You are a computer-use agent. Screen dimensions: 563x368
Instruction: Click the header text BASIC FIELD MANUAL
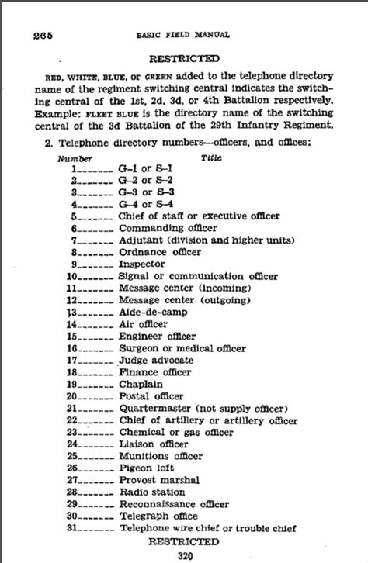coord(195,34)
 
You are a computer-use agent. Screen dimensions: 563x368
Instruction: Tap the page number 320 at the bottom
coord(183,554)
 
